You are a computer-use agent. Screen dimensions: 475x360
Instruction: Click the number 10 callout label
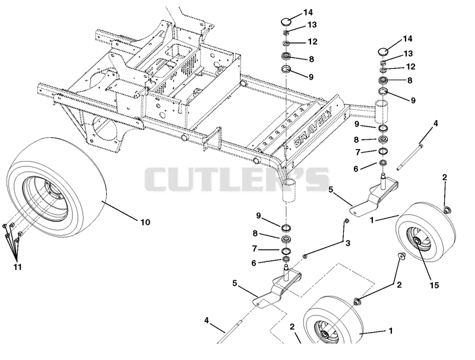coord(145,222)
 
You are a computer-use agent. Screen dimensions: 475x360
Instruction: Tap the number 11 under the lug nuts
coord(18,267)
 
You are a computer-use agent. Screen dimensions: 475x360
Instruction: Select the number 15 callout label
coord(434,285)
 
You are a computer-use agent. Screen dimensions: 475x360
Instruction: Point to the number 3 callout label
coord(348,243)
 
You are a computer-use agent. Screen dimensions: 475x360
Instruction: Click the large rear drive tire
coord(56,187)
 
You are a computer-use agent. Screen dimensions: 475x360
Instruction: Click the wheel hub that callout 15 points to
coord(417,241)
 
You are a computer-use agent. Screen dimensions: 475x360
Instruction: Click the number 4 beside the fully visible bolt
coord(436,124)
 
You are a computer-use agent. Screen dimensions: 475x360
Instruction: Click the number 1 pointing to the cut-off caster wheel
coord(391,331)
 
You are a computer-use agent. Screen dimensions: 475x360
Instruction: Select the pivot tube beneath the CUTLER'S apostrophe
coord(289,190)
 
